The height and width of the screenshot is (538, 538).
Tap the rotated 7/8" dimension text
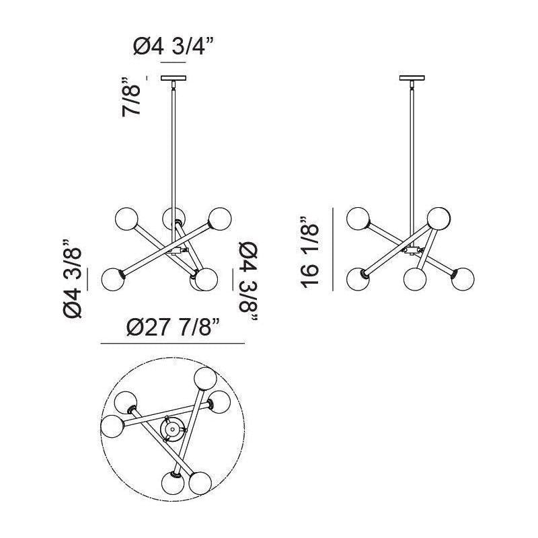pyautogui.click(x=131, y=97)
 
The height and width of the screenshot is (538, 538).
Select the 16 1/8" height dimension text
pyautogui.click(x=310, y=252)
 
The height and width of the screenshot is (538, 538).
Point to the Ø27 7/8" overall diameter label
pyautogui.click(x=173, y=328)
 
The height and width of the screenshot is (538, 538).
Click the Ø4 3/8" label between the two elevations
pyautogui.click(x=248, y=281)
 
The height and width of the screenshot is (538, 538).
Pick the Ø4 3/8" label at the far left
pyautogui.click(x=73, y=278)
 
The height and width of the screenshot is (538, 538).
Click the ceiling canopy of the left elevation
pyautogui.click(x=174, y=78)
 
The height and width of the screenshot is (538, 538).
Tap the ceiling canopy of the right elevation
pyautogui.click(x=412, y=78)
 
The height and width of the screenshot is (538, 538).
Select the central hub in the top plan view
pyautogui.click(x=172, y=429)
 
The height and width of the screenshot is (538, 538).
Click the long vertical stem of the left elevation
pyautogui.click(x=174, y=147)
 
